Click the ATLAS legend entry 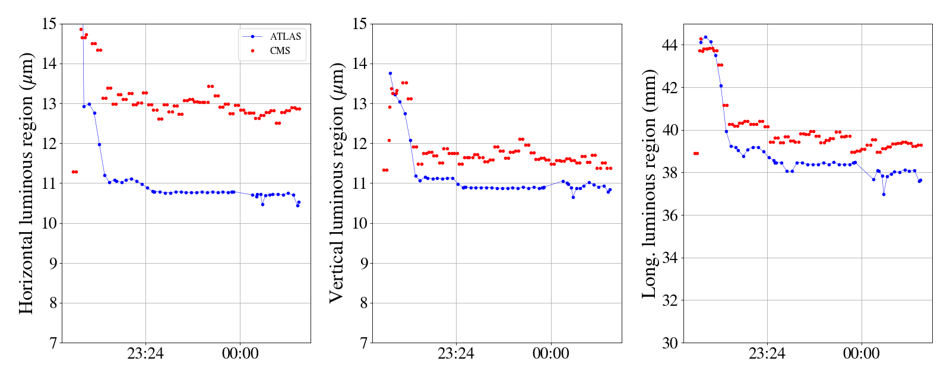pos(285,36)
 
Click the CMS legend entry pos(280,51)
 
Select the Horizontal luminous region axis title pos(26,183)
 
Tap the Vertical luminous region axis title pos(336,183)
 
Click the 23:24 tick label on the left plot pos(145,354)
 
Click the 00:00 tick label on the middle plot pos(550,354)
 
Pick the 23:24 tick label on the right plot pos(767,354)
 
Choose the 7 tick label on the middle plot pos(363,343)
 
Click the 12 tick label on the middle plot pos(359,144)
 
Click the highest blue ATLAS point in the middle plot pos(390,73)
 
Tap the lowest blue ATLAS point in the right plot pos(883,194)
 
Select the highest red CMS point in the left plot pos(81,29)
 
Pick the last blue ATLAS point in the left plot pos(299,202)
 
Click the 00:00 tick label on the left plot pos(240,354)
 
